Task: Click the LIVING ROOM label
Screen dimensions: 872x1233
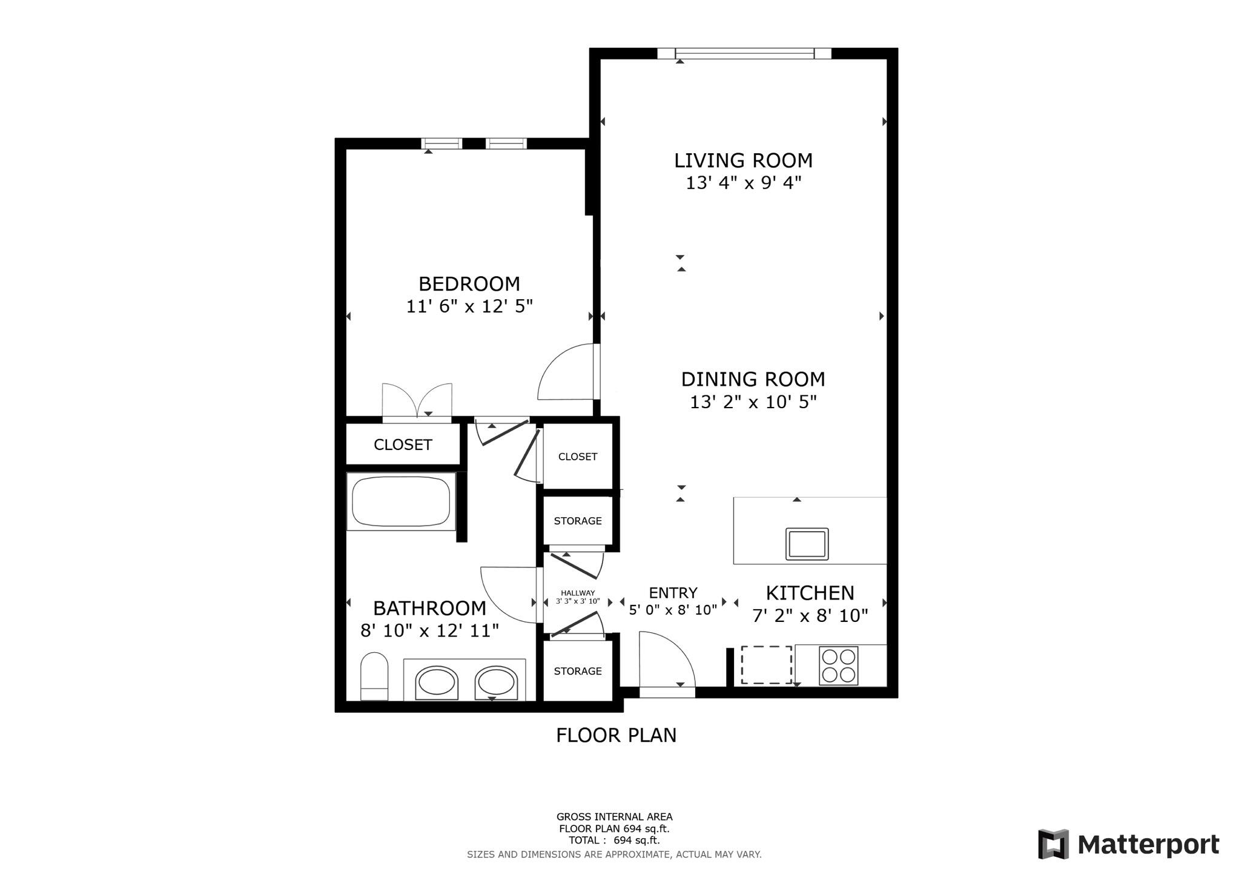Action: (x=743, y=160)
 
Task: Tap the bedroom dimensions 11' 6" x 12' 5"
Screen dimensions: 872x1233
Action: (x=469, y=306)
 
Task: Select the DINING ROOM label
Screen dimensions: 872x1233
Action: (x=753, y=379)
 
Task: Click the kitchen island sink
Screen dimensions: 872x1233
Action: (x=807, y=544)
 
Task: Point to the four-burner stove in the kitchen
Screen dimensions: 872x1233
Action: (x=838, y=666)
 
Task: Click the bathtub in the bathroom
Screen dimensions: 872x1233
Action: (x=401, y=502)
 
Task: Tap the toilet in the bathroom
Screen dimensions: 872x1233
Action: (x=374, y=676)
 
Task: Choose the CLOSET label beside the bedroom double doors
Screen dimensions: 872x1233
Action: (x=403, y=445)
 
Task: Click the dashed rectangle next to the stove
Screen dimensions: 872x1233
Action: (x=766, y=665)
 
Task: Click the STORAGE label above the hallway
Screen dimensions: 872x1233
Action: (x=578, y=521)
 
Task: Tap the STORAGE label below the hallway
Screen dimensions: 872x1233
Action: (x=578, y=671)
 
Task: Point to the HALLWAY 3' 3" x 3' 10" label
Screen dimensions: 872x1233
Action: (x=578, y=598)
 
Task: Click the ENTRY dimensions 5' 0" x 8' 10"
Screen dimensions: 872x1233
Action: (x=673, y=610)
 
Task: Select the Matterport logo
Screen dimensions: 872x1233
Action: (x=1128, y=844)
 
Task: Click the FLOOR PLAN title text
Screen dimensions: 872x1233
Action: (x=616, y=735)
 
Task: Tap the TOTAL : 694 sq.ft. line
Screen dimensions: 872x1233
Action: (x=614, y=841)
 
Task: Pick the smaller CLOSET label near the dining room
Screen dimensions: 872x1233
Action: (x=578, y=457)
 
